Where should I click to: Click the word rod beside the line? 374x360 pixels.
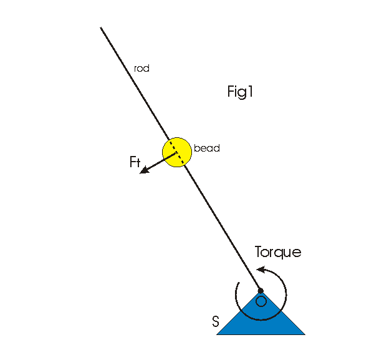141,68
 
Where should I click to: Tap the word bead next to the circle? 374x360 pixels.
207,148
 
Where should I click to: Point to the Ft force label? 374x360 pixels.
134,162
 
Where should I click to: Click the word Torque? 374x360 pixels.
278,252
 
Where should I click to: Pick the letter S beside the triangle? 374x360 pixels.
215,322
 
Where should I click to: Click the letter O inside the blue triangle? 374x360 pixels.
261,301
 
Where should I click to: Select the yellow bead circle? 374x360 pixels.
176,151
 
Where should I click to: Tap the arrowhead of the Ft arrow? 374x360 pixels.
143,170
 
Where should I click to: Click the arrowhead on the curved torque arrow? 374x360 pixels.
261,270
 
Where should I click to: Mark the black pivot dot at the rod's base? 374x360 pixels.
261,291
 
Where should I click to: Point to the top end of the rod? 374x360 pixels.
100,27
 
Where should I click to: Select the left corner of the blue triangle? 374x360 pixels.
218,334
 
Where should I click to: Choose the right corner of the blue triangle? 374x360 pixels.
304,334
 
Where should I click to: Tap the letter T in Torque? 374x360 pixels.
259,252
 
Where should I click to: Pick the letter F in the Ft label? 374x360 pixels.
132,162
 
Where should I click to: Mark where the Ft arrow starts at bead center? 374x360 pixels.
176,152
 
